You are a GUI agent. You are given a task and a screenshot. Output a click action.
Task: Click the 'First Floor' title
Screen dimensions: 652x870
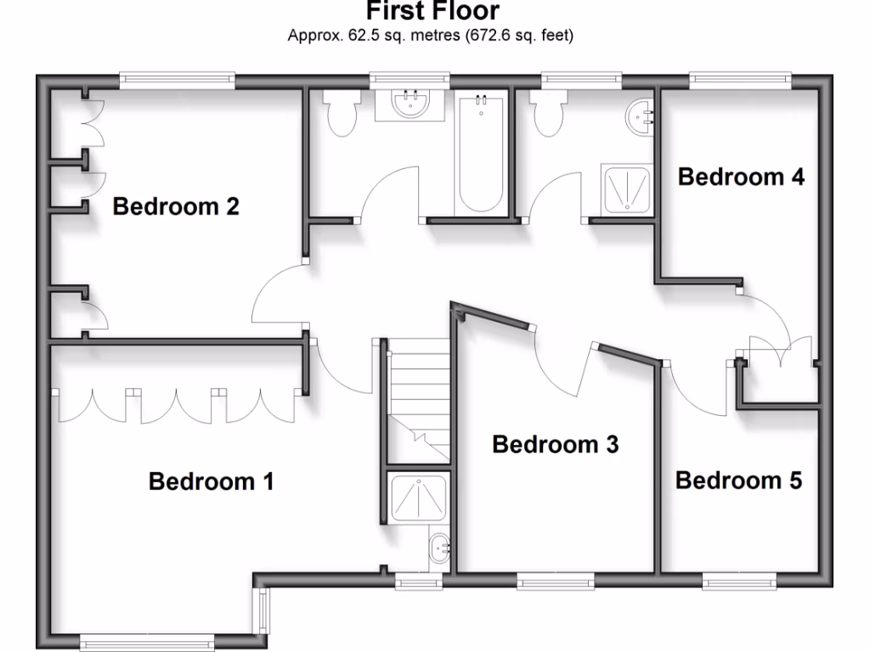click(433, 12)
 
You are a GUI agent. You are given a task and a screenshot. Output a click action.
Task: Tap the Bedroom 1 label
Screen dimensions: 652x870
click(212, 482)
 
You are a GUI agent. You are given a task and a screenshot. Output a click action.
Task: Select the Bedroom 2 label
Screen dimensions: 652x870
click(176, 206)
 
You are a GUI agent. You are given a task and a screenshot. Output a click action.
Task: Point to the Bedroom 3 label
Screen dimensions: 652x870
click(556, 444)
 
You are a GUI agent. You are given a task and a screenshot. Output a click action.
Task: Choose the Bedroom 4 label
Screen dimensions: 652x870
click(741, 177)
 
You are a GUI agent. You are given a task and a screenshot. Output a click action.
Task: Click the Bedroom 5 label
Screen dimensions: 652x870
click(738, 481)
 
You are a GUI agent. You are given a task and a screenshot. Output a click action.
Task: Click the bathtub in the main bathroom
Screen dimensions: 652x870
click(481, 155)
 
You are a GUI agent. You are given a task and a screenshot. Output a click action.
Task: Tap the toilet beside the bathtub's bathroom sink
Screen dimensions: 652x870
click(342, 115)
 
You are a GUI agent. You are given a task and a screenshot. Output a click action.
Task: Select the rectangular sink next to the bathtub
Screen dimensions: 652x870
click(410, 104)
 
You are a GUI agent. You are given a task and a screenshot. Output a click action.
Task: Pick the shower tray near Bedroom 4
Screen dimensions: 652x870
click(628, 188)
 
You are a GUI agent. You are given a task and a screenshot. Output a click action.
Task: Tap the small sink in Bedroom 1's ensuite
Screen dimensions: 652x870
click(440, 549)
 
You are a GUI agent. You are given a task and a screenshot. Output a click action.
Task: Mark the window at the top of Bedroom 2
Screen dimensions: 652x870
click(177, 81)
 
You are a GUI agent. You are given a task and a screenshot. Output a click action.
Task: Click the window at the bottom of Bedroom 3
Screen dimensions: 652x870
click(556, 582)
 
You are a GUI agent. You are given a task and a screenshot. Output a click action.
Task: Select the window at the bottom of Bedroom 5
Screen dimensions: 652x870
click(738, 582)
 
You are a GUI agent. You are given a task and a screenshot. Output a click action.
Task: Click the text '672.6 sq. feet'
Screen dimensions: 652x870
click(519, 36)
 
